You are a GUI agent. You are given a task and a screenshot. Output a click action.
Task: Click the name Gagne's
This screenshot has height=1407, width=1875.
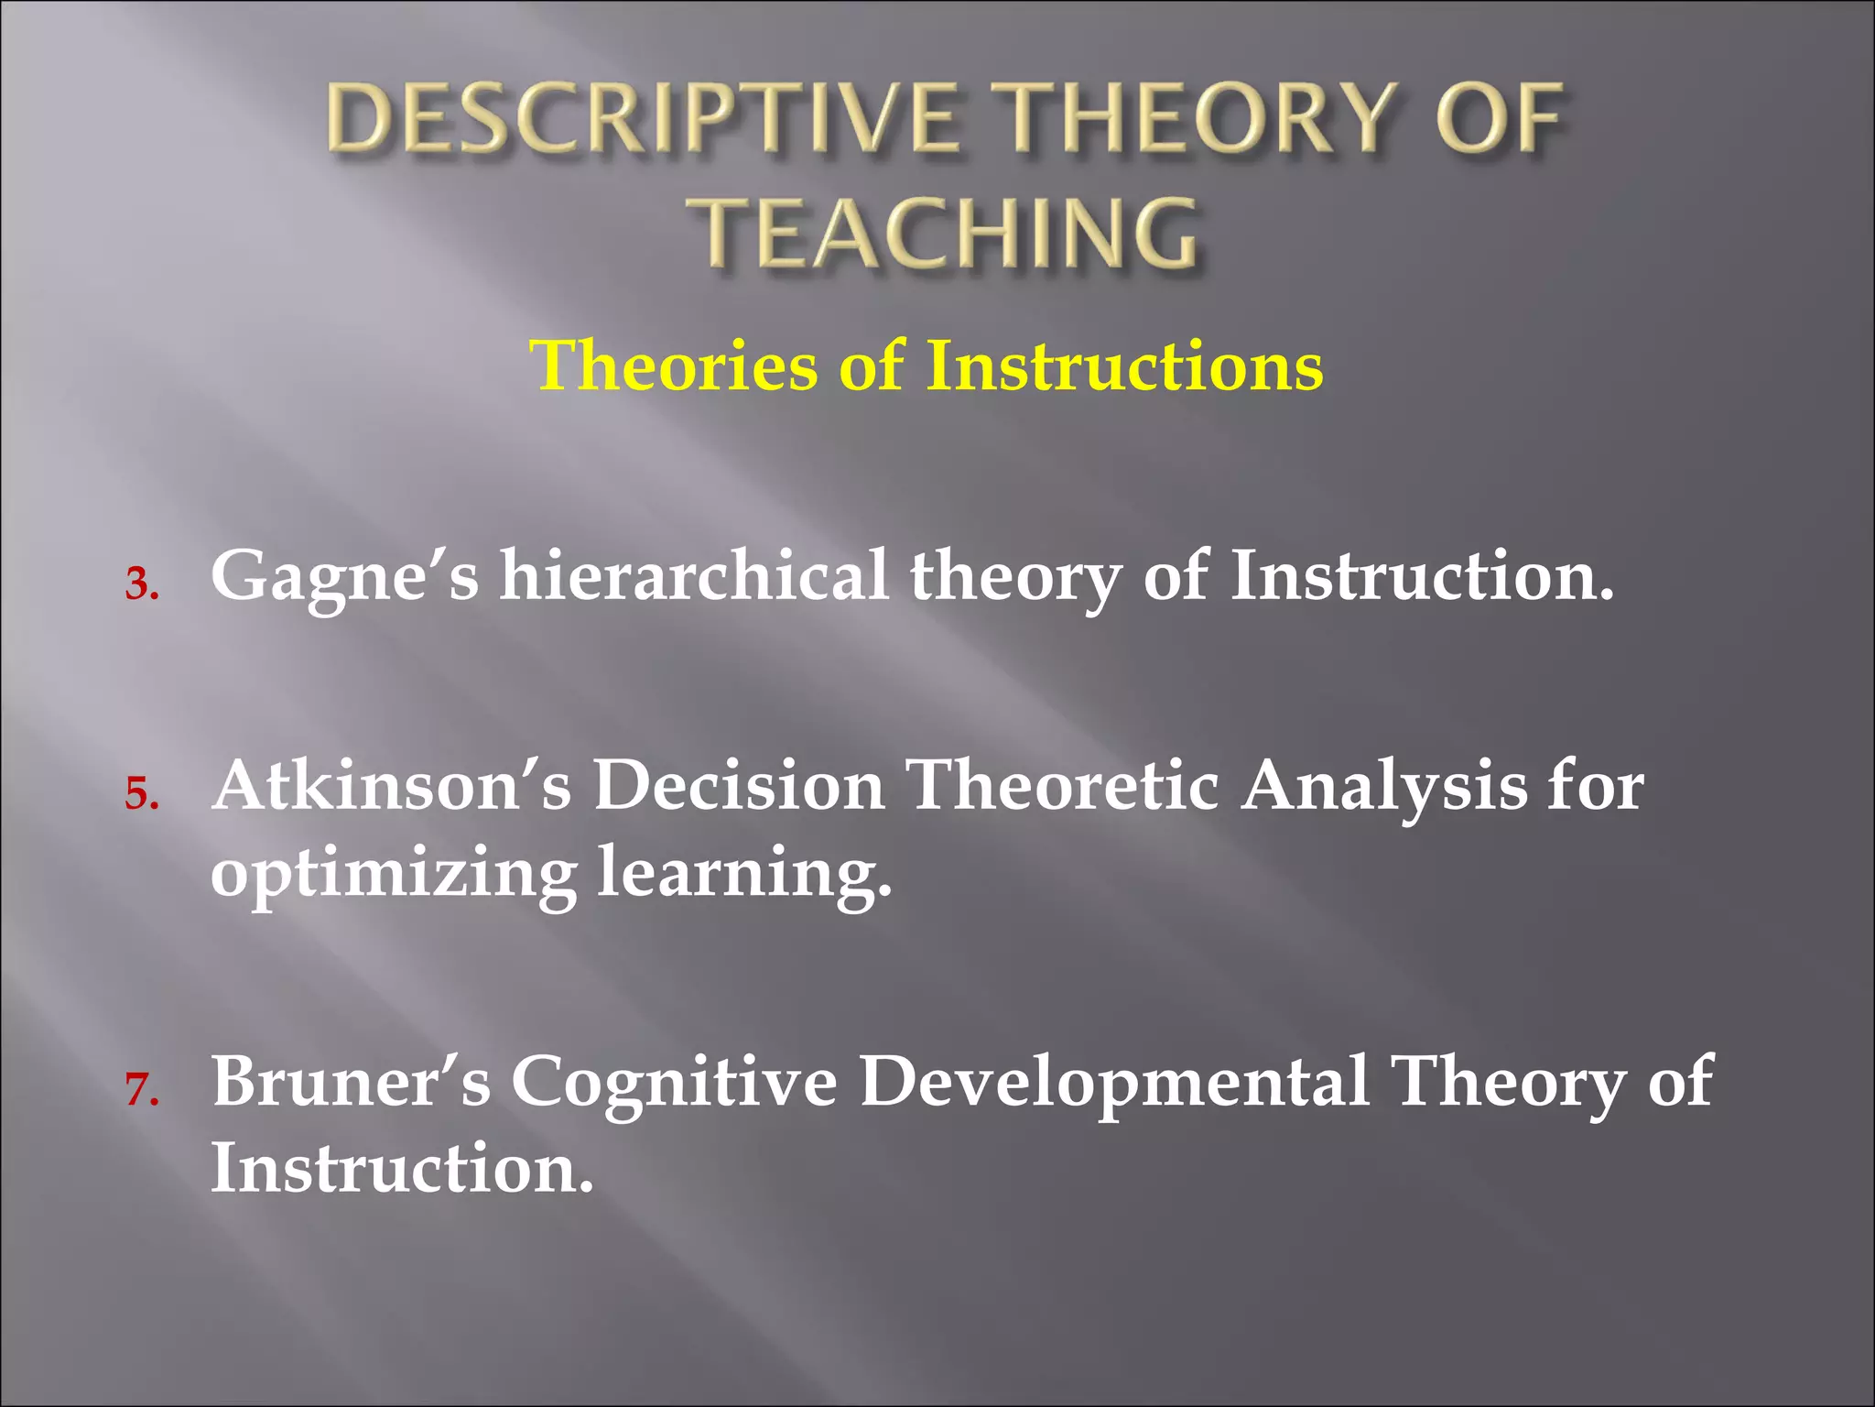344,577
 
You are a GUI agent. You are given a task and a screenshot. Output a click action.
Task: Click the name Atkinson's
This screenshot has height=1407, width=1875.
392,785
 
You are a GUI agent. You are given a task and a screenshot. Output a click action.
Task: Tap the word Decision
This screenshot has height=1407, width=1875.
738,785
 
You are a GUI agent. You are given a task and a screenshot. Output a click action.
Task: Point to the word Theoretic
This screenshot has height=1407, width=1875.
1062,785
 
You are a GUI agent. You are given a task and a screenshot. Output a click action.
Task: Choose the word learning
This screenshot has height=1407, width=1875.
743,875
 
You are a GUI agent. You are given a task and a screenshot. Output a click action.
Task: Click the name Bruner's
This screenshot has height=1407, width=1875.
351,1082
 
